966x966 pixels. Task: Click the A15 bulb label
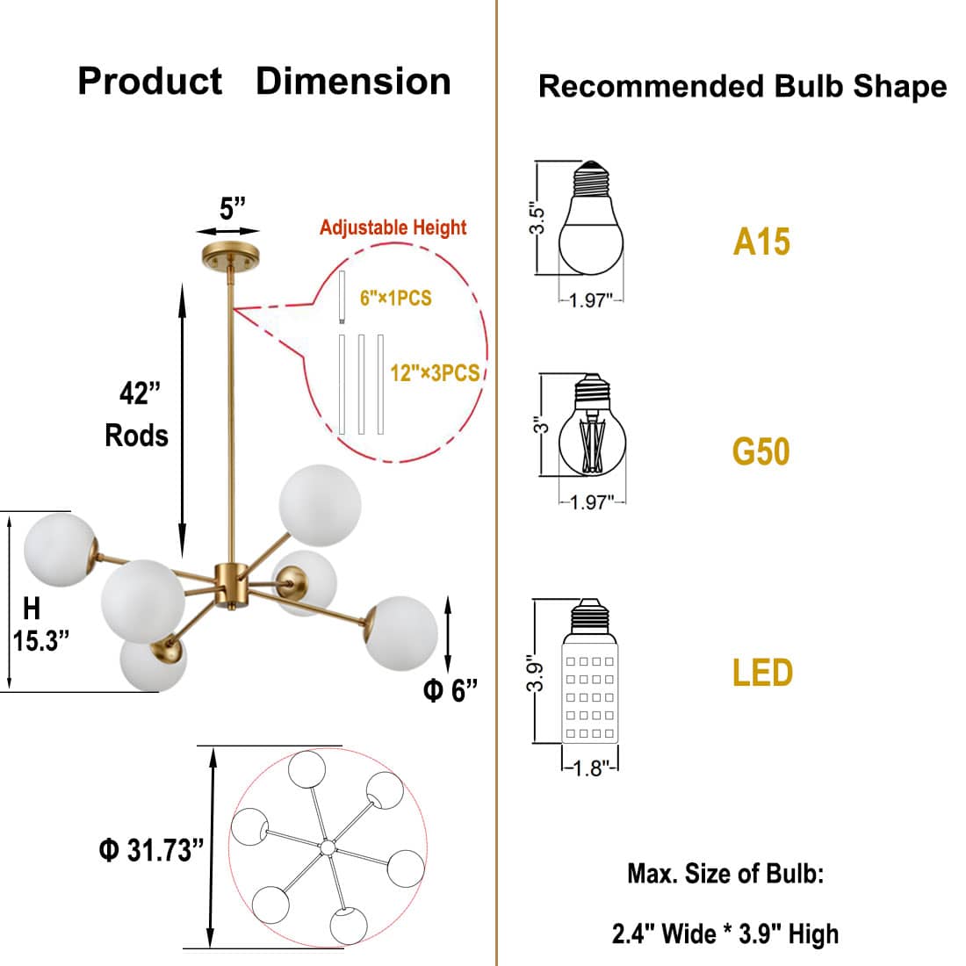(x=761, y=241)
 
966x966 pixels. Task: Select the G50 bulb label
(x=761, y=452)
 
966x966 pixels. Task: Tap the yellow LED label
(x=762, y=673)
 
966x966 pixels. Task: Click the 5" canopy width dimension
(x=232, y=209)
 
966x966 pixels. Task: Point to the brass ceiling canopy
(x=230, y=256)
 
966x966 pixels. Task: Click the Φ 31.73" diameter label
(x=151, y=850)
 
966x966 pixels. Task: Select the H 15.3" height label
(x=39, y=624)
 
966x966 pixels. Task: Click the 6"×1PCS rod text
(x=395, y=299)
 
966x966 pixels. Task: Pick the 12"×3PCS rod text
(x=435, y=373)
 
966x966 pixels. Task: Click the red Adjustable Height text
(x=393, y=227)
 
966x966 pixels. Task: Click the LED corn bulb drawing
(x=590, y=672)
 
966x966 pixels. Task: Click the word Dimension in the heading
(x=353, y=82)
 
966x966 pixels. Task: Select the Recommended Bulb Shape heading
(x=742, y=86)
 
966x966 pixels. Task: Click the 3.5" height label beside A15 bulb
(x=537, y=220)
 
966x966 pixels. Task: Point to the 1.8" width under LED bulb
(x=590, y=768)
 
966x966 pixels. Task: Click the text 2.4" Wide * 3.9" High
(x=724, y=934)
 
